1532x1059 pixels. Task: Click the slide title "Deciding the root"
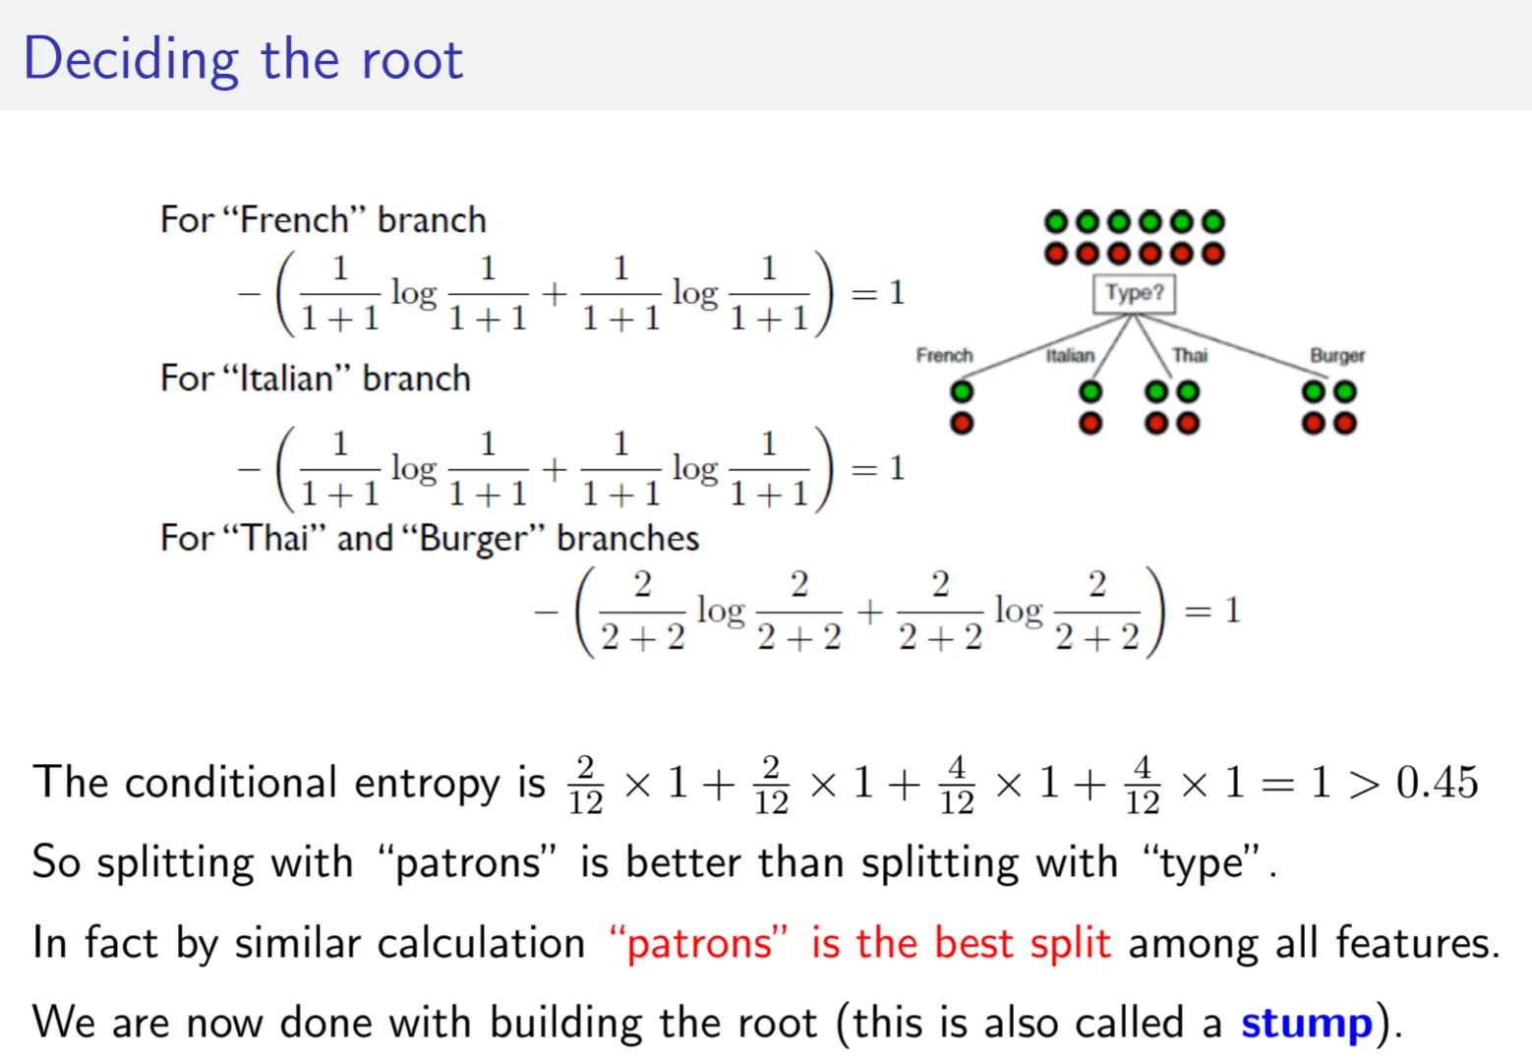pyautogui.click(x=243, y=59)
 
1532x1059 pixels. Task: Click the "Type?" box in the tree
pyautogui.click(x=1134, y=293)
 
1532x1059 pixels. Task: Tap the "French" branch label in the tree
pyautogui.click(x=944, y=355)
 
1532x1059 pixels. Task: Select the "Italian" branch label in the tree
pyautogui.click(x=1070, y=355)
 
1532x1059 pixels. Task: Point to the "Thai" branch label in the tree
pyautogui.click(x=1189, y=355)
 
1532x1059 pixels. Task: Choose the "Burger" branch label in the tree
pyautogui.click(x=1336, y=355)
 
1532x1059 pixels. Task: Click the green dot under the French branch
pyautogui.click(x=962, y=392)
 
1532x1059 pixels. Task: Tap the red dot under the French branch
pyautogui.click(x=962, y=423)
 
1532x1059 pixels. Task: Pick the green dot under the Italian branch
pyautogui.click(x=1090, y=392)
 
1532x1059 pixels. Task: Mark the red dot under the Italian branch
pyautogui.click(x=1090, y=423)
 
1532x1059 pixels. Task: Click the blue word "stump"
pyautogui.click(x=1306, y=1023)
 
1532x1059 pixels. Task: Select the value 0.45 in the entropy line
pyautogui.click(x=1437, y=783)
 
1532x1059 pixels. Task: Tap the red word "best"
pyautogui.click(x=972, y=943)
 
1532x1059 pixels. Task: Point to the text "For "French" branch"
pyautogui.click(x=324, y=219)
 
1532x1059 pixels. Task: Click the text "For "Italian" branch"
pyautogui.click(x=316, y=379)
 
